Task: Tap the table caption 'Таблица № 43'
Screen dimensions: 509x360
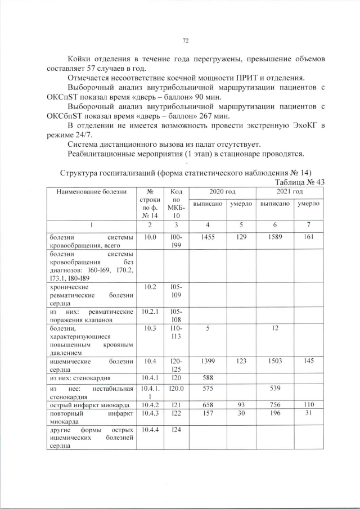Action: (298, 182)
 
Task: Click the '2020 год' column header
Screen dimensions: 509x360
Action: (222, 192)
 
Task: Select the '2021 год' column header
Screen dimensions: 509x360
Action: (290, 192)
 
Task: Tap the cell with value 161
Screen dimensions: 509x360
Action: (309, 238)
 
